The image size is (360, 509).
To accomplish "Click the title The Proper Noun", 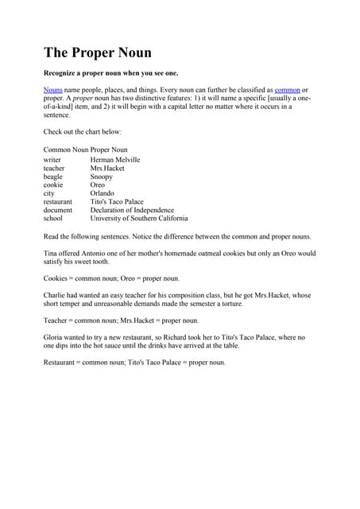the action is tap(98, 52).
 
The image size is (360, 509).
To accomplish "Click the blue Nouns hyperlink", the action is tap(52, 91).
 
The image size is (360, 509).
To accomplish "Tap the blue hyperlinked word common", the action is tap(287, 91).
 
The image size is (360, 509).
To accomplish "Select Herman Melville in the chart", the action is tap(115, 160).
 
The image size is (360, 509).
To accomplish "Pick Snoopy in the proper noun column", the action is tap(102, 177).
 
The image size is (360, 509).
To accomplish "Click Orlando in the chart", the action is tap(103, 193).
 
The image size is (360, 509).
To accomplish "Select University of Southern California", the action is tap(139, 218).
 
